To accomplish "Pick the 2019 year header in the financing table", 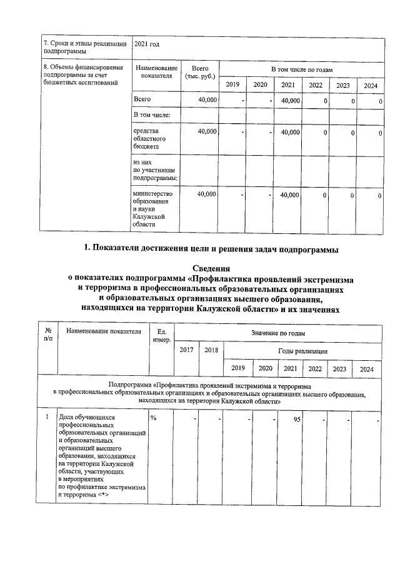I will pyautogui.click(x=232, y=85).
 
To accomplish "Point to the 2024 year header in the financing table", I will pyautogui.click(x=371, y=85).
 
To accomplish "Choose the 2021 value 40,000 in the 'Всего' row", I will pyautogui.click(x=289, y=100).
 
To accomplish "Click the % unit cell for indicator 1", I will pyautogui.click(x=153, y=418).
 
